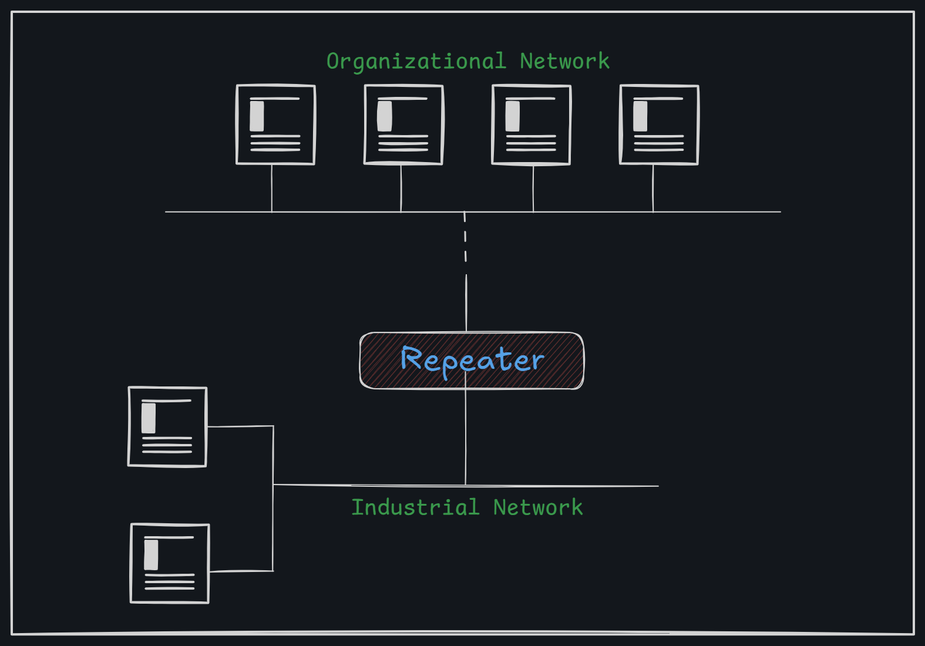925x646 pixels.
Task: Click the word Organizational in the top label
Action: tap(416, 62)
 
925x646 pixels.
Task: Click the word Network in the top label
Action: tap(564, 62)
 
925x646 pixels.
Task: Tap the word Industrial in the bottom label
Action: tap(415, 507)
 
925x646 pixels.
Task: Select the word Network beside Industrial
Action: tap(537, 507)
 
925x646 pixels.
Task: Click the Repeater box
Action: tap(472, 360)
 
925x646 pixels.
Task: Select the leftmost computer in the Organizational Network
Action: tap(275, 125)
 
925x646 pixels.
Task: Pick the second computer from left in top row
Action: tap(403, 125)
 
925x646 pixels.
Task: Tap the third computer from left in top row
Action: tap(531, 125)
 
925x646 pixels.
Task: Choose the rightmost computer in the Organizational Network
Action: tap(659, 125)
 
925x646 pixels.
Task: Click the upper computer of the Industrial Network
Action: tap(167, 426)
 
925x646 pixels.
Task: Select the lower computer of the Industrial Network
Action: tap(170, 563)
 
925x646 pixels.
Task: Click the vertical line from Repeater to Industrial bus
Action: tap(466, 438)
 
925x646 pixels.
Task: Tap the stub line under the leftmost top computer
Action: tap(272, 188)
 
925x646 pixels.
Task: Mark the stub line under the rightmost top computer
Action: tap(653, 188)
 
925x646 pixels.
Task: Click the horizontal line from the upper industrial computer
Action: tap(240, 426)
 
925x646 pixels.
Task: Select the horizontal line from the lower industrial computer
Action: tap(241, 571)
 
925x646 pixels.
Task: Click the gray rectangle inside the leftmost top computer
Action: tap(257, 116)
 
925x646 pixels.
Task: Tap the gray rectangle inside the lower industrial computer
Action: tap(151, 555)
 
